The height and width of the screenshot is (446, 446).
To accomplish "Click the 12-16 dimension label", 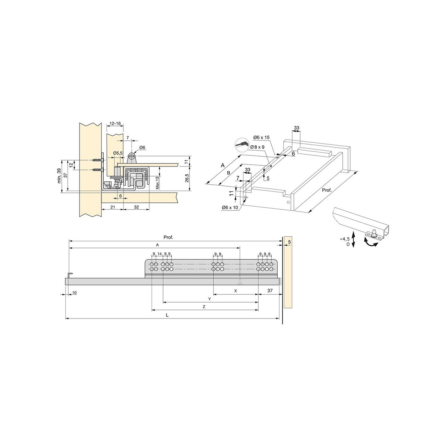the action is pos(115,123).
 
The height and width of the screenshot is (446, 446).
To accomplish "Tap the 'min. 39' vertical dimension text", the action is pos(59,176).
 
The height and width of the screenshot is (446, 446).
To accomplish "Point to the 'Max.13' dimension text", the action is pos(157,183).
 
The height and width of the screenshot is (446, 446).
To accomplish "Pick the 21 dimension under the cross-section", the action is pos(113,207).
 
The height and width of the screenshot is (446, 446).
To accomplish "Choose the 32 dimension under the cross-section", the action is pos(136,207).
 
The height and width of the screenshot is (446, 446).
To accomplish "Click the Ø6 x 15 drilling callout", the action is pos(261,137).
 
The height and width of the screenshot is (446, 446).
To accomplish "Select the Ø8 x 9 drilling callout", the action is pos(257,147).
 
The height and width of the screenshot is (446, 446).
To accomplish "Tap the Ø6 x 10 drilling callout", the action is pos(230,208).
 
